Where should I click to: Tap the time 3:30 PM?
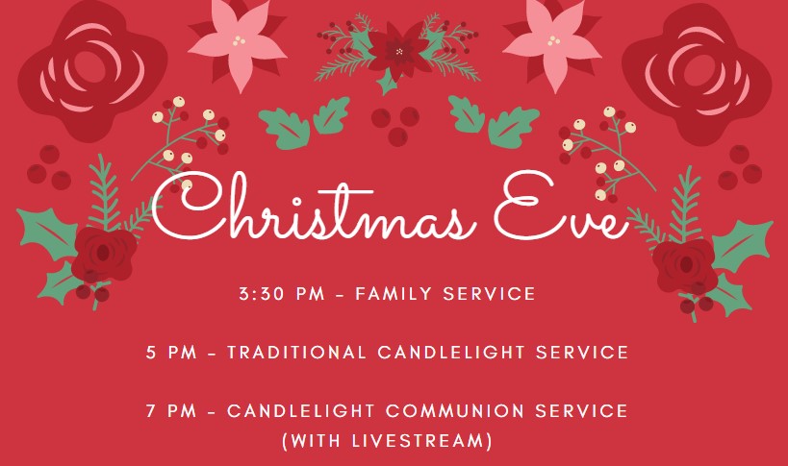coord(282,293)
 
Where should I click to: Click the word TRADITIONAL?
coord(296,352)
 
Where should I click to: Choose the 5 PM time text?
coord(171,352)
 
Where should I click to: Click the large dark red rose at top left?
coord(92,71)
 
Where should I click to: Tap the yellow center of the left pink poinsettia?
coord(239,40)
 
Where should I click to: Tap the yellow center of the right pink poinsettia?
coord(554,40)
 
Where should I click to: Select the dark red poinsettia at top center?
coord(399,51)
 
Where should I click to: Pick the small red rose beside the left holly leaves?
coord(104,255)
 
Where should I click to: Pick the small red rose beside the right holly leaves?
coord(684,265)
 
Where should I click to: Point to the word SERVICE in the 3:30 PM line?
coord(489,293)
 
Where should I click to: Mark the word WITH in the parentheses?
coord(315,440)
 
